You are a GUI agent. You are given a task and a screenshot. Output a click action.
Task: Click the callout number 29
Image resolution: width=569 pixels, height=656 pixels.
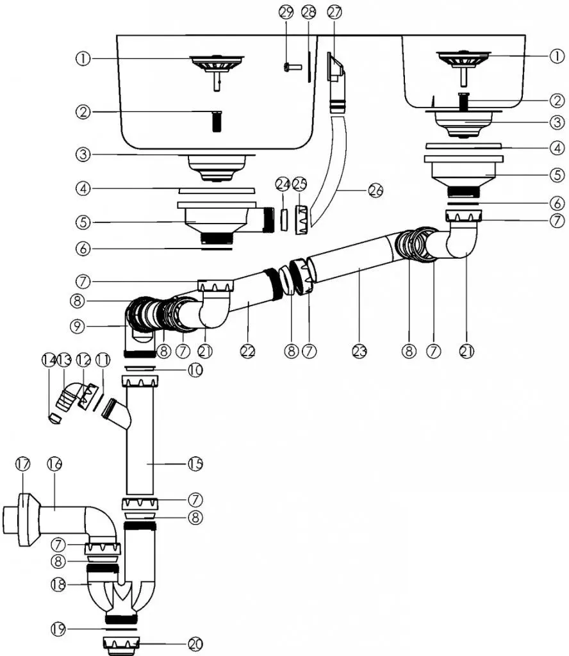pyautogui.click(x=286, y=12)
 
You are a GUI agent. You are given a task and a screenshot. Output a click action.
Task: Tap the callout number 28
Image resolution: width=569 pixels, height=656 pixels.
pyautogui.click(x=309, y=12)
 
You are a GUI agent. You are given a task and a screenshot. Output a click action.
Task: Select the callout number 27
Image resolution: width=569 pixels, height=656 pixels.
pyautogui.click(x=334, y=12)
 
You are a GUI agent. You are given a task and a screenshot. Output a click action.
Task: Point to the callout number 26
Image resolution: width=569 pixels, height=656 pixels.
pyautogui.click(x=375, y=191)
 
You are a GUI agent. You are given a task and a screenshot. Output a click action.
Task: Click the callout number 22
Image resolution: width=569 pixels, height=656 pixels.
pyautogui.click(x=248, y=350)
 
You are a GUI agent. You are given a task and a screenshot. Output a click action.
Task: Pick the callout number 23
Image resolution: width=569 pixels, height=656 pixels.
pyautogui.click(x=359, y=350)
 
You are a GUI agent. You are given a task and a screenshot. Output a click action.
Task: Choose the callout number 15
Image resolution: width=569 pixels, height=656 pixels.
pyautogui.click(x=195, y=464)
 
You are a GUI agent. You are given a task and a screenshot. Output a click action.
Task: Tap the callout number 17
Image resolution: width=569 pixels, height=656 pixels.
pyautogui.click(x=23, y=464)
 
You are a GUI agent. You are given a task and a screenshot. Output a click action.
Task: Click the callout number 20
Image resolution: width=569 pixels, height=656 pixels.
pyautogui.click(x=195, y=644)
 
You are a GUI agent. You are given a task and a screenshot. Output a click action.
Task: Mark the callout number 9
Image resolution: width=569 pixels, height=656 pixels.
pyautogui.click(x=78, y=326)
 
